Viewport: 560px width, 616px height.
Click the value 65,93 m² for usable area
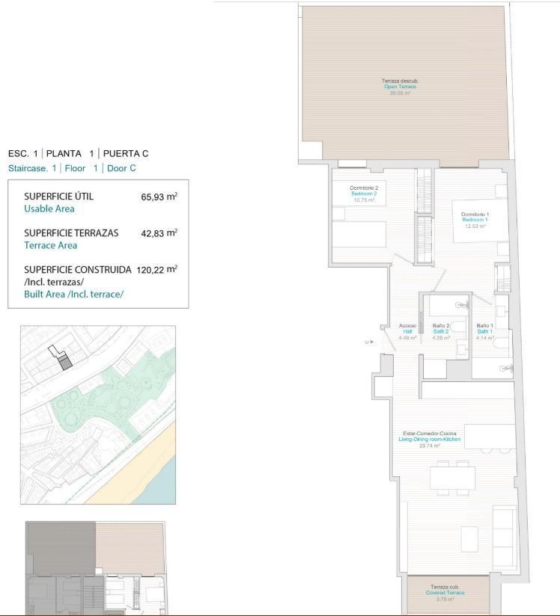tap(159, 197)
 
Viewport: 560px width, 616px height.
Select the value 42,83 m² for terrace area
tap(159, 233)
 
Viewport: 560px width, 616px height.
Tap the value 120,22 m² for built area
tap(156, 269)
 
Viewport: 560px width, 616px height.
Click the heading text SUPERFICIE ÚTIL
tap(58, 197)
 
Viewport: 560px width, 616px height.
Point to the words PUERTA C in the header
tap(126, 153)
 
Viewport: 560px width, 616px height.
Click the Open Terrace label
tap(400, 87)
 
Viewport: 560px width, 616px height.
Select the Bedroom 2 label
tap(364, 194)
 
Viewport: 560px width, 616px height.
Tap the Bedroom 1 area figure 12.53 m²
tap(474, 226)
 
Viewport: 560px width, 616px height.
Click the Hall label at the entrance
tap(407, 331)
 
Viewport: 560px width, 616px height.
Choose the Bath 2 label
tap(441, 331)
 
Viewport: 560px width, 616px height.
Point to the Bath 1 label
tap(484, 331)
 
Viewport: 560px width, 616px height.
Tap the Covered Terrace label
tap(447, 593)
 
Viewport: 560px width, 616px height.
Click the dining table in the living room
tap(452, 478)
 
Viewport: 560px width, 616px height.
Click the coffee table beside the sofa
tap(469, 538)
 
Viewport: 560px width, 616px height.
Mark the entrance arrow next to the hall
tap(372, 342)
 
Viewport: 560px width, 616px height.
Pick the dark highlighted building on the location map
tap(65, 363)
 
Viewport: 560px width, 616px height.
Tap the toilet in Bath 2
tap(460, 325)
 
